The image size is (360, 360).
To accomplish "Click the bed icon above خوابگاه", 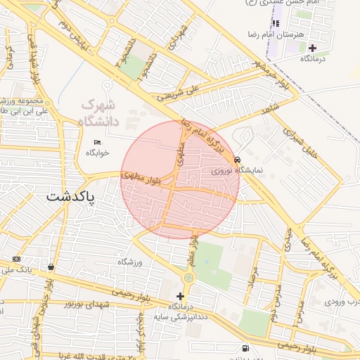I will click(x=97, y=142).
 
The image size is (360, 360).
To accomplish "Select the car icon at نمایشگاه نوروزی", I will click(x=238, y=160).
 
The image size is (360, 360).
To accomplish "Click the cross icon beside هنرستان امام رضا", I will click(x=312, y=48).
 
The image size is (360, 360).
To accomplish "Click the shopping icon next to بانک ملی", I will click(x=52, y=267).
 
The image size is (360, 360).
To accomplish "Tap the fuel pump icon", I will click(x=244, y=348).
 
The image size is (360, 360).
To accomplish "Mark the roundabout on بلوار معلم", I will click(x=188, y=279).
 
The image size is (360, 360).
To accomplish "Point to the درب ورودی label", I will click(x=341, y=302).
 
